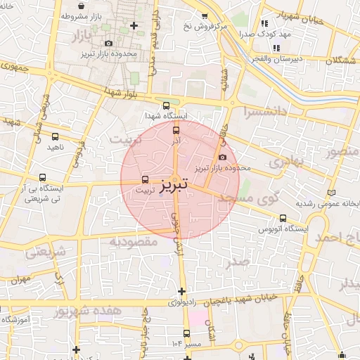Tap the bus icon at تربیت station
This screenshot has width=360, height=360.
[x=146, y=179]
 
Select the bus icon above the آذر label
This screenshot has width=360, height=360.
[x=176, y=129]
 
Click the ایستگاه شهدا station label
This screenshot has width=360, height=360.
[x=166, y=115]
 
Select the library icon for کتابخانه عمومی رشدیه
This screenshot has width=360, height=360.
[x=333, y=193]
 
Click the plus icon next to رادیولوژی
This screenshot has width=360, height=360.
[x=182, y=291]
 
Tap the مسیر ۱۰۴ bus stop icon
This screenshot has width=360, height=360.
[x=186, y=333]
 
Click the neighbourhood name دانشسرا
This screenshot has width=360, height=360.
[x=263, y=112]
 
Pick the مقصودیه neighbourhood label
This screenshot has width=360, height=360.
[x=134, y=241]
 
